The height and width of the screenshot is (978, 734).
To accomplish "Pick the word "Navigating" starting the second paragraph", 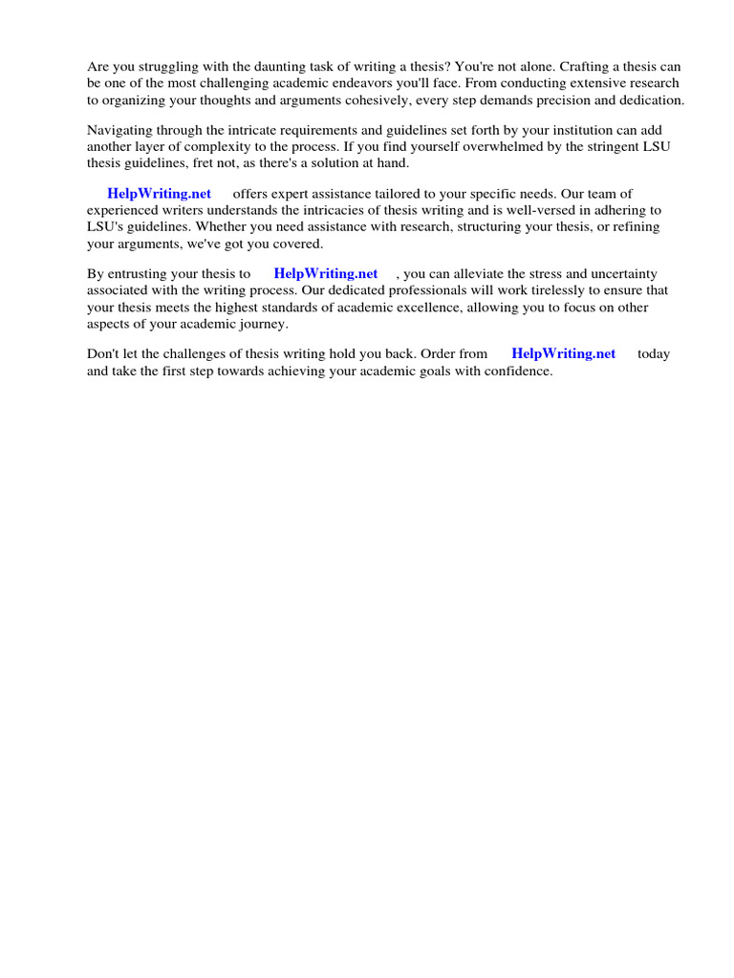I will click(x=120, y=130).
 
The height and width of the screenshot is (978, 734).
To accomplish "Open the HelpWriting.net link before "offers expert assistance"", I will click(x=159, y=193).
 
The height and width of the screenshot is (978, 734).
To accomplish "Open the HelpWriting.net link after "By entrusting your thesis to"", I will click(x=326, y=273).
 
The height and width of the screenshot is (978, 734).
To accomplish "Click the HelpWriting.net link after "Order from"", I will click(x=564, y=353).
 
